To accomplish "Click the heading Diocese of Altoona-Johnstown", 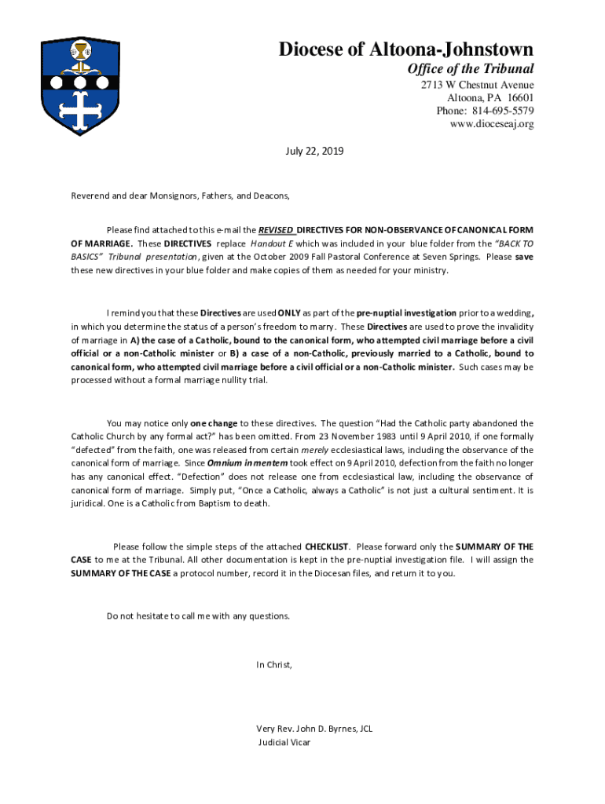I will tap(406, 49).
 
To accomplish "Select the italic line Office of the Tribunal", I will tap(470, 69).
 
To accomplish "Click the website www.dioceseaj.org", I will tap(492, 124).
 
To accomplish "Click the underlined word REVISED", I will tap(277, 230).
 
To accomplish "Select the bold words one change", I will tap(214, 423).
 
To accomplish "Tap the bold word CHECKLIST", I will tap(328, 546).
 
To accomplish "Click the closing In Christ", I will tap(274, 665).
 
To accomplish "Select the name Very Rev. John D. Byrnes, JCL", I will tap(314, 729).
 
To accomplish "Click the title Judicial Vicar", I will tap(284, 742).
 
